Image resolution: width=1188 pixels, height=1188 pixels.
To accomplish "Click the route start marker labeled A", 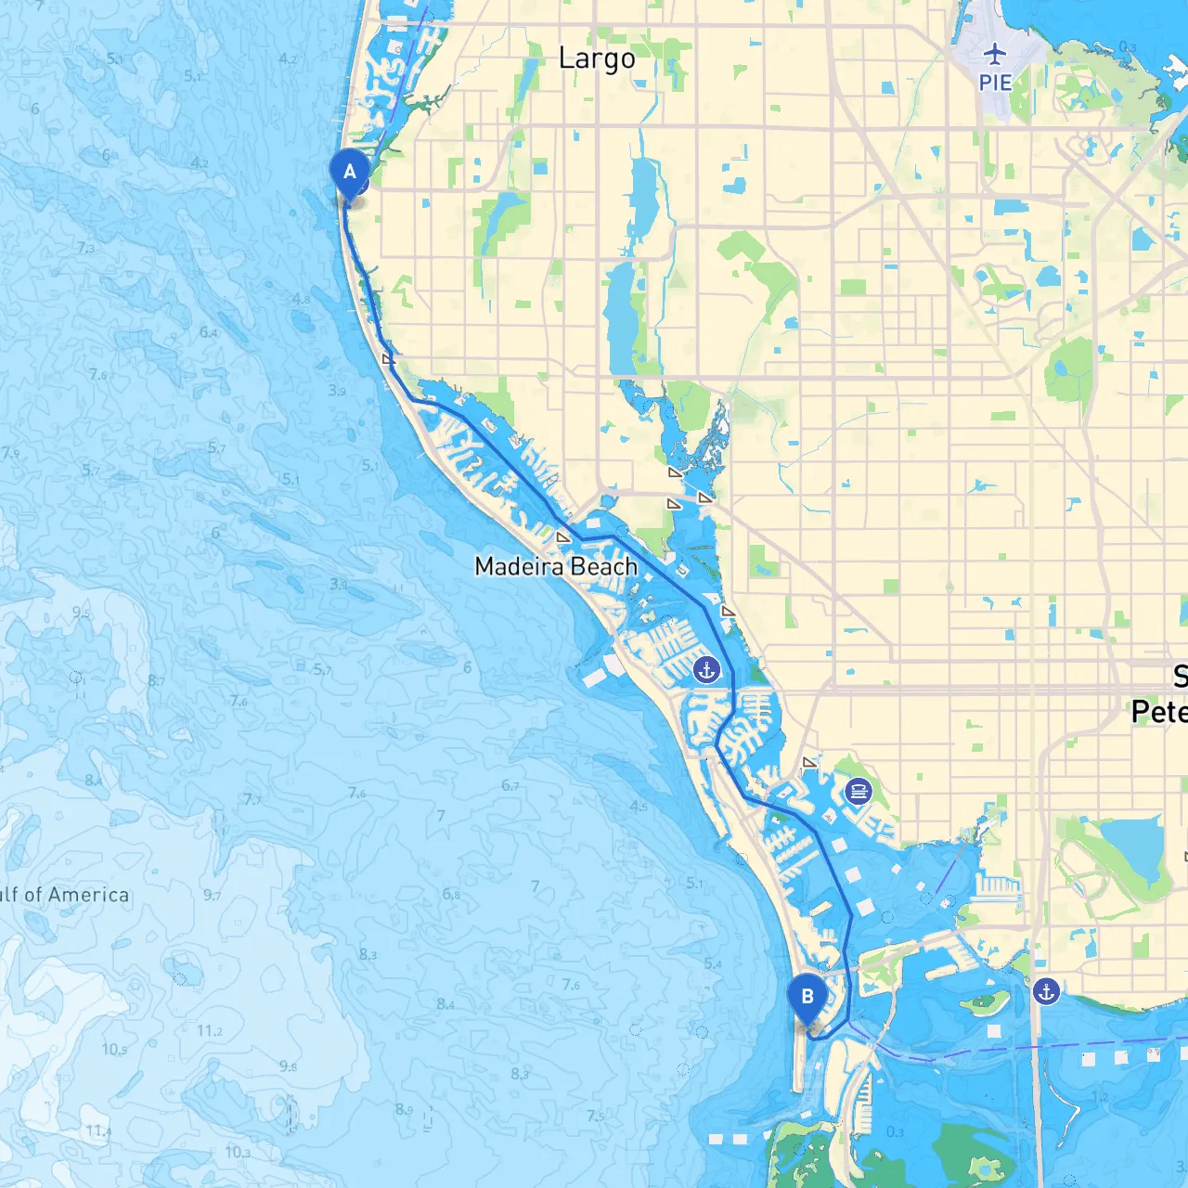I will click(x=350, y=172).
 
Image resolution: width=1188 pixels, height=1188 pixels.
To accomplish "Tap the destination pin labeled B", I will click(x=807, y=997).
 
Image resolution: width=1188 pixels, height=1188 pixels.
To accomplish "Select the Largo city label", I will click(x=597, y=58).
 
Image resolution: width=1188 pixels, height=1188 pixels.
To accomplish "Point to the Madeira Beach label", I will click(x=555, y=566).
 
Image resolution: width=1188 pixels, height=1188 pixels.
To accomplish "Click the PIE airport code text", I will click(x=995, y=82).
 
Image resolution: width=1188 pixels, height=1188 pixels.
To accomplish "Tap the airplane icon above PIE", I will click(x=995, y=53).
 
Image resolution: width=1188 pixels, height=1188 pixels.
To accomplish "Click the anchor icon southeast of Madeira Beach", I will click(x=707, y=669).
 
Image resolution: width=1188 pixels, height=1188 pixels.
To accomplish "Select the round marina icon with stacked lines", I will click(x=859, y=792).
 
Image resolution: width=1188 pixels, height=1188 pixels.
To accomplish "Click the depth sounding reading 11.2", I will click(x=210, y=1031).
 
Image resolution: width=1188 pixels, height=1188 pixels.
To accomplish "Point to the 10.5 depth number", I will click(x=114, y=1050).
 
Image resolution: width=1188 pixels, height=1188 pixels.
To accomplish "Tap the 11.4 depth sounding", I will click(x=97, y=1130).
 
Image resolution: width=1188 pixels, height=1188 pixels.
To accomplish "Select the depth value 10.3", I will click(x=238, y=1152).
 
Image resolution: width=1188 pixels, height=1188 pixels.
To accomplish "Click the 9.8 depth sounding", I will click(x=288, y=1066).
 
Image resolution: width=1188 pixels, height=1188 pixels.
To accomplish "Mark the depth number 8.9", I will click(x=404, y=1108).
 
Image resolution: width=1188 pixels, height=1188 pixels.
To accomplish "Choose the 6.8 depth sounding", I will click(x=451, y=895).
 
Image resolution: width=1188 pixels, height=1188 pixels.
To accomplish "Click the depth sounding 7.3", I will click(x=85, y=248).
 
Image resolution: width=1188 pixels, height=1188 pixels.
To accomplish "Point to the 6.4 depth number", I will click(x=209, y=332).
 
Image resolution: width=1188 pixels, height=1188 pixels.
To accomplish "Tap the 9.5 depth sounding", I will click(x=82, y=613).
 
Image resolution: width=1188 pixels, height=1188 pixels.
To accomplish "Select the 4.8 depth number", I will click(x=301, y=299).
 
